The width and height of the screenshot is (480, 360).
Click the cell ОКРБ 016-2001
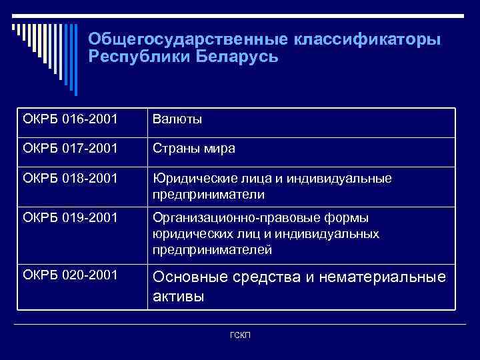(x=70, y=120)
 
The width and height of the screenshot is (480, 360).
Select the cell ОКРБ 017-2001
(x=70, y=148)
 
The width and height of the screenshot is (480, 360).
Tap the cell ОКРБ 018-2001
(x=70, y=179)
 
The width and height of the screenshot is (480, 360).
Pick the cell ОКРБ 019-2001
(x=70, y=218)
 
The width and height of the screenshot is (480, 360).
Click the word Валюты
(x=177, y=120)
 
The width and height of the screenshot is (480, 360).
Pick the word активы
(x=179, y=297)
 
